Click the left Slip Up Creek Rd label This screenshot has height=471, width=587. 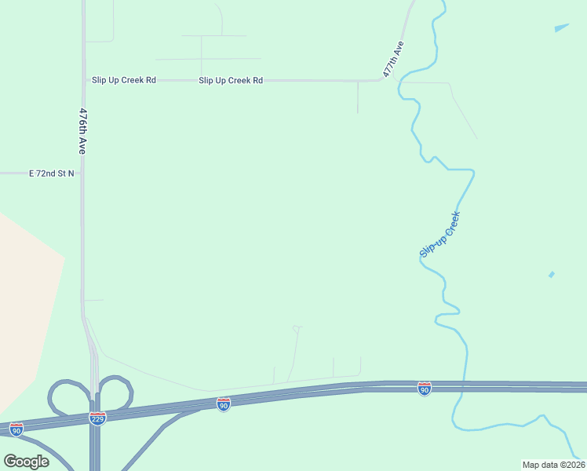[x=124, y=80]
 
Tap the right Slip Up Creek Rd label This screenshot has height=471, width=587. [x=231, y=80]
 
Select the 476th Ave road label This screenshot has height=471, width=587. [x=82, y=131]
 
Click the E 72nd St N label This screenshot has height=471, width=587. [x=52, y=173]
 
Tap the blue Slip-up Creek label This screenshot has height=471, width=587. [x=439, y=235]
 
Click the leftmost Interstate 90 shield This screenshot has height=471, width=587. [x=16, y=429]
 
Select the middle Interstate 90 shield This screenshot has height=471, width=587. [x=224, y=403]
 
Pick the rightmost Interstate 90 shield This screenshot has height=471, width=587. [x=425, y=389]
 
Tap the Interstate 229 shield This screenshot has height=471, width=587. [x=97, y=418]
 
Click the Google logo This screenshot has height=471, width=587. [x=26, y=461]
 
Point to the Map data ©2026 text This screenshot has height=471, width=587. [x=553, y=465]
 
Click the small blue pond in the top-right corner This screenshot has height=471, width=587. [x=561, y=28]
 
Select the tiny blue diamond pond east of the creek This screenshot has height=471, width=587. [x=551, y=275]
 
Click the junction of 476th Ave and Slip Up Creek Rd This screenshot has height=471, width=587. [x=83, y=80]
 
